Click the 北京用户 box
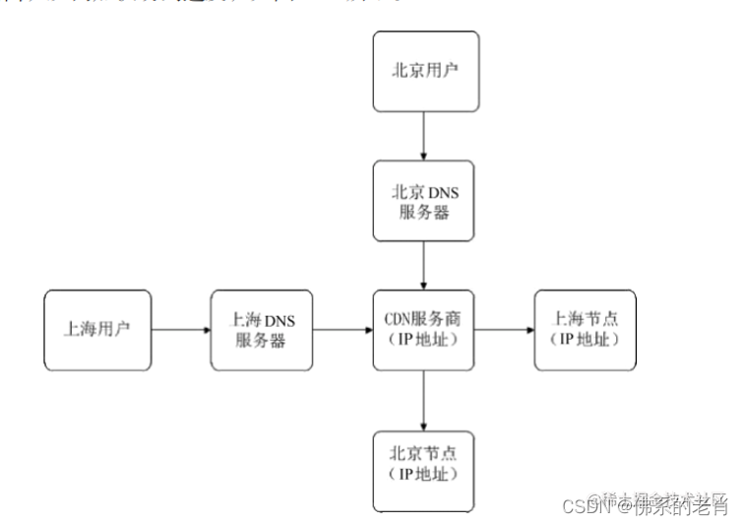(x=424, y=72)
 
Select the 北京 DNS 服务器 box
(x=424, y=200)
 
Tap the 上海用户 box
(x=97, y=330)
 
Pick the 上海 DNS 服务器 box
(x=262, y=330)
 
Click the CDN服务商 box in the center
(x=424, y=330)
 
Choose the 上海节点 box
(x=585, y=330)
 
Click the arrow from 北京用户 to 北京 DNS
(x=424, y=136)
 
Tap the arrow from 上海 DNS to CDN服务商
(x=342, y=331)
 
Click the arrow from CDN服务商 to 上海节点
(x=505, y=331)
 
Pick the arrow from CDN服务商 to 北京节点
(x=424, y=398)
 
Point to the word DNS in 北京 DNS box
(x=442, y=190)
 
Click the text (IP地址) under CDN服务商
(x=424, y=341)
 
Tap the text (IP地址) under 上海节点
(x=585, y=341)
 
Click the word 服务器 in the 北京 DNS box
(x=424, y=211)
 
